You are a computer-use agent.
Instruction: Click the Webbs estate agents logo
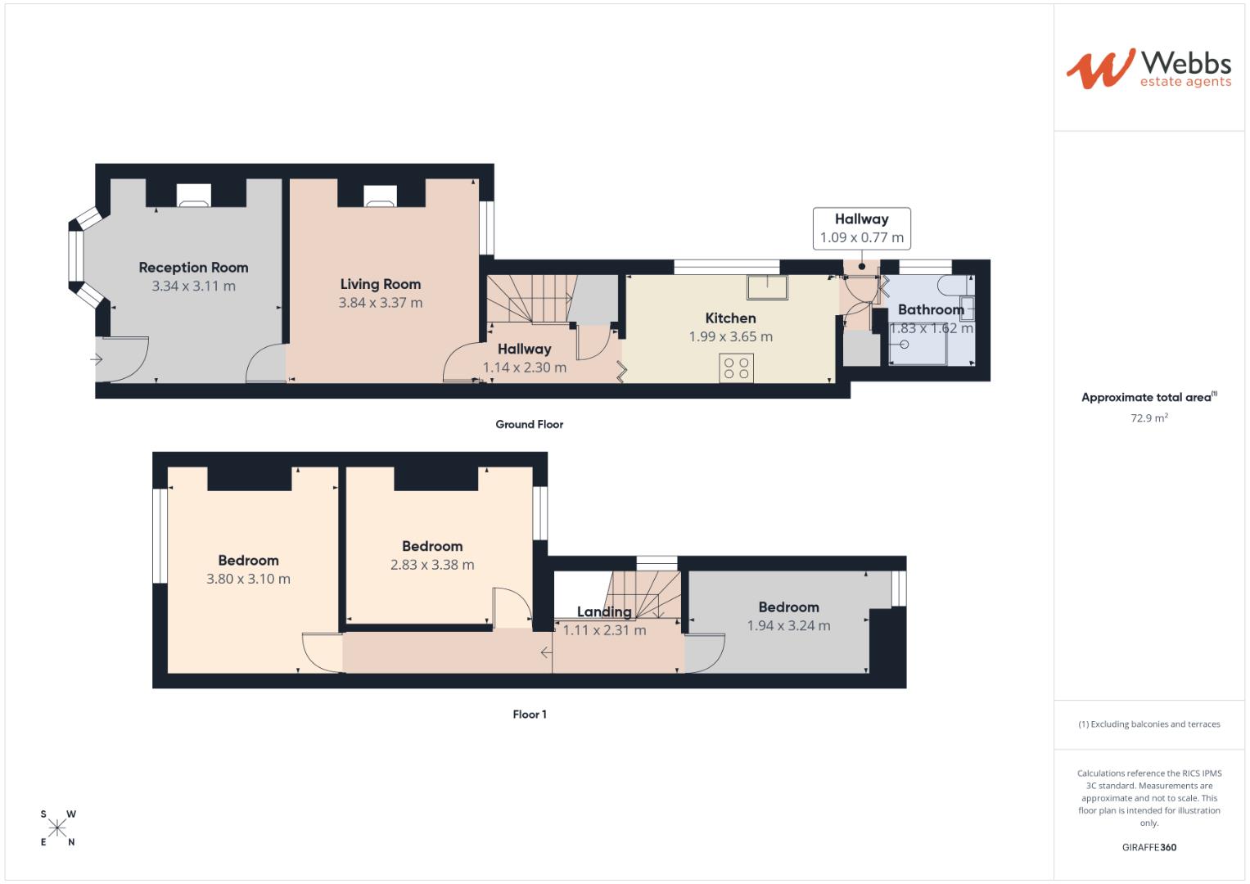(1148, 69)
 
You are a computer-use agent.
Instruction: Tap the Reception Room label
(193, 268)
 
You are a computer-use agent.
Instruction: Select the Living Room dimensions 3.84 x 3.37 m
(381, 303)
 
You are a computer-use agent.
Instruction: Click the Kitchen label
(730, 318)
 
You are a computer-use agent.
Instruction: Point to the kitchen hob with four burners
(736, 368)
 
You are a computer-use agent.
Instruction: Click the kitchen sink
(767, 286)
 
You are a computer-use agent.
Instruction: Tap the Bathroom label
(931, 309)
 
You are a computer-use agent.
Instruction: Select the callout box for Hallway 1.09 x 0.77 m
(861, 228)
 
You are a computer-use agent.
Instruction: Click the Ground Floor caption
(529, 424)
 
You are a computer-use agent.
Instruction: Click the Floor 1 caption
(530, 715)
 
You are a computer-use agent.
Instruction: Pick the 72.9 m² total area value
(1148, 417)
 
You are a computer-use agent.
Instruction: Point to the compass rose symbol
(57, 828)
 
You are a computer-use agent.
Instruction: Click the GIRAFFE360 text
(1148, 847)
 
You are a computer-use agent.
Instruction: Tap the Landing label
(604, 611)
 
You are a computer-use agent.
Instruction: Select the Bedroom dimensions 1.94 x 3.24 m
(788, 626)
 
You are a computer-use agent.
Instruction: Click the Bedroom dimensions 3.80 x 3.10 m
(248, 579)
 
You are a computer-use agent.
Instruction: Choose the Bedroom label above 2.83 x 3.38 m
(432, 546)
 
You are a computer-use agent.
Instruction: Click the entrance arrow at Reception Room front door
(97, 359)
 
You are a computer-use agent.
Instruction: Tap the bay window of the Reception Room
(76, 258)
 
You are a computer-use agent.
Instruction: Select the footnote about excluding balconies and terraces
(1148, 724)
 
